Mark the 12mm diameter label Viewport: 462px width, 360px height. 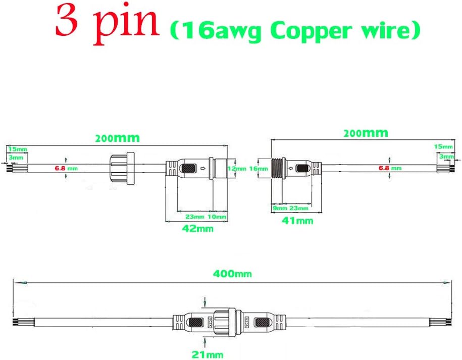click(236, 168)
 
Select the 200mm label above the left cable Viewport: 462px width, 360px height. click(117, 137)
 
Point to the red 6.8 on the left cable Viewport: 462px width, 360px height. click(60, 168)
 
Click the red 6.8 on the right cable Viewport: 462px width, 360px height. click(382, 168)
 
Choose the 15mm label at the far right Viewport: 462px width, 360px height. click(443, 146)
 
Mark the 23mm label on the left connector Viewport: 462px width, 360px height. click(194, 217)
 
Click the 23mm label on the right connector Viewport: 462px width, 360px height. click(299, 208)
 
